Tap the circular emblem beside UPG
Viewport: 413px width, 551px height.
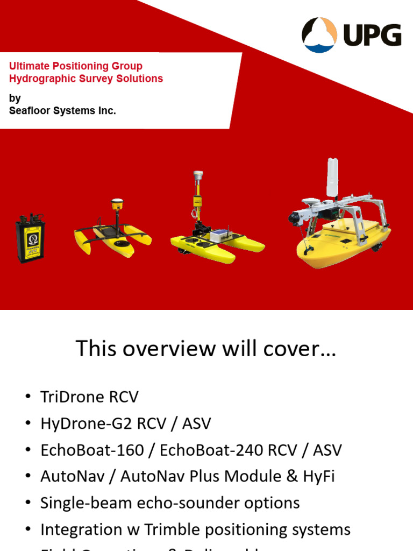[x=319, y=35]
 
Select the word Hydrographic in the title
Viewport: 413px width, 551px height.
[x=36, y=79]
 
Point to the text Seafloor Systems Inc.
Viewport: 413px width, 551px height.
[x=62, y=111]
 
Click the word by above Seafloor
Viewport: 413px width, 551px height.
[x=15, y=98]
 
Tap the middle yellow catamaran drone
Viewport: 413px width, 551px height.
[x=215, y=242]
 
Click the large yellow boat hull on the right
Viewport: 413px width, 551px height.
[x=344, y=245]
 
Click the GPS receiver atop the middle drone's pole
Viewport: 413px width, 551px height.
[x=198, y=175]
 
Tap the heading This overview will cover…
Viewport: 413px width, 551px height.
[x=206, y=349]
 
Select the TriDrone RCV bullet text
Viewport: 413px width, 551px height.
[x=89, y=397]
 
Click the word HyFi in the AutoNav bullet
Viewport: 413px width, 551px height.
[x=317, y=476]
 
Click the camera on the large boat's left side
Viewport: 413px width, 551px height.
[x=296, y=218]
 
